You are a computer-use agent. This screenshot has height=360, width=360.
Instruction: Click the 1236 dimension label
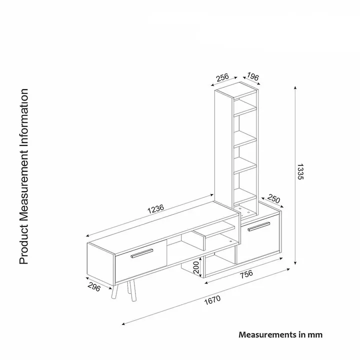(156, 208)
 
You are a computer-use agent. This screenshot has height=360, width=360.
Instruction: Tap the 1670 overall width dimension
(212, 300)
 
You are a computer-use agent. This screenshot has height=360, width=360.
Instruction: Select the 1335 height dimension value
(300, 171)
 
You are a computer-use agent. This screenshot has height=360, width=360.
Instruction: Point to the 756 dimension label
(246, 274)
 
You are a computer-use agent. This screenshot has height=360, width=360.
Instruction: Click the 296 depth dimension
(94, 287)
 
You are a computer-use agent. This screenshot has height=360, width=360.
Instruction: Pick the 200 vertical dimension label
(196, 267)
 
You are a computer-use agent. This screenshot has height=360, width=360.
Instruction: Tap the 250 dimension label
(273, 198)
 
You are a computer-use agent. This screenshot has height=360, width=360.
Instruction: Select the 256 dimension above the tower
(222, 77)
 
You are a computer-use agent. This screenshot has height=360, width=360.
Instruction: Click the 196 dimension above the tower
(253, 76)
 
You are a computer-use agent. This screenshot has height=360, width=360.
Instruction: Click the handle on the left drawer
(142, 253)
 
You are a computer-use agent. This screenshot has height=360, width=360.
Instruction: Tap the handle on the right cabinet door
(259, 226)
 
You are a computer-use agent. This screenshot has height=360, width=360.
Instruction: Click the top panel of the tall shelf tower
(236, 90)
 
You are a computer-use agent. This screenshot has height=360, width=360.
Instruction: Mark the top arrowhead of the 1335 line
(295, 87)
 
